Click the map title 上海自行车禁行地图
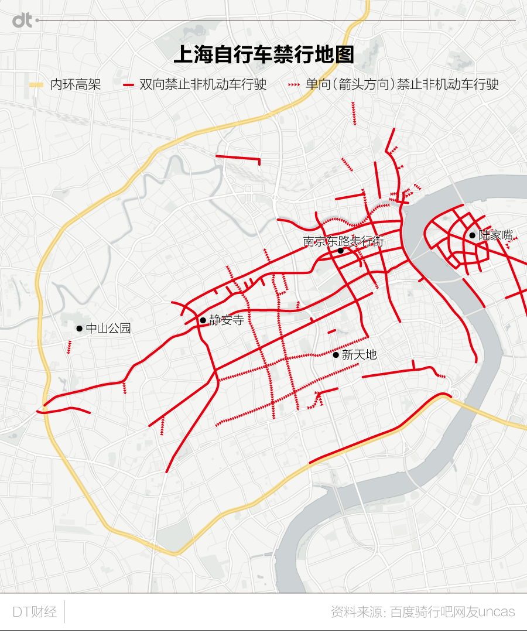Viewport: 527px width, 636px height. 264,55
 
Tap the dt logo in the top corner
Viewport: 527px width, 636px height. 22,20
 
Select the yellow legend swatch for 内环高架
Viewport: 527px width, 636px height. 36,85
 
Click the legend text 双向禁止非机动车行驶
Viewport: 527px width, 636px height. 203,85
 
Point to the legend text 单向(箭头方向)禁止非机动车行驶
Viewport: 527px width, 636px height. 402,85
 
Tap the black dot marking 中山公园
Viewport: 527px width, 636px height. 79,329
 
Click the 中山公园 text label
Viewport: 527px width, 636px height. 108,329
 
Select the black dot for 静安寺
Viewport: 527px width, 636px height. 203,320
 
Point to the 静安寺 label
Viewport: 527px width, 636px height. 226,320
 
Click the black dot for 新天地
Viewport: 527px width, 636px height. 336,355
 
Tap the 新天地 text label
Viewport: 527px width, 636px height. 359,355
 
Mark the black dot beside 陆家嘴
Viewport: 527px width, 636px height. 472,235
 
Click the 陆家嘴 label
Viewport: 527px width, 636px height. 495,235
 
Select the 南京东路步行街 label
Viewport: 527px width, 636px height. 343,241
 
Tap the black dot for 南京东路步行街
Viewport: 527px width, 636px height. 340,251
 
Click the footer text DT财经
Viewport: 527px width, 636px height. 35,613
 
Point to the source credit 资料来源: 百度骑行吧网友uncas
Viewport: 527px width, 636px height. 423,613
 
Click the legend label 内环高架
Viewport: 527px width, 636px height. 76,85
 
